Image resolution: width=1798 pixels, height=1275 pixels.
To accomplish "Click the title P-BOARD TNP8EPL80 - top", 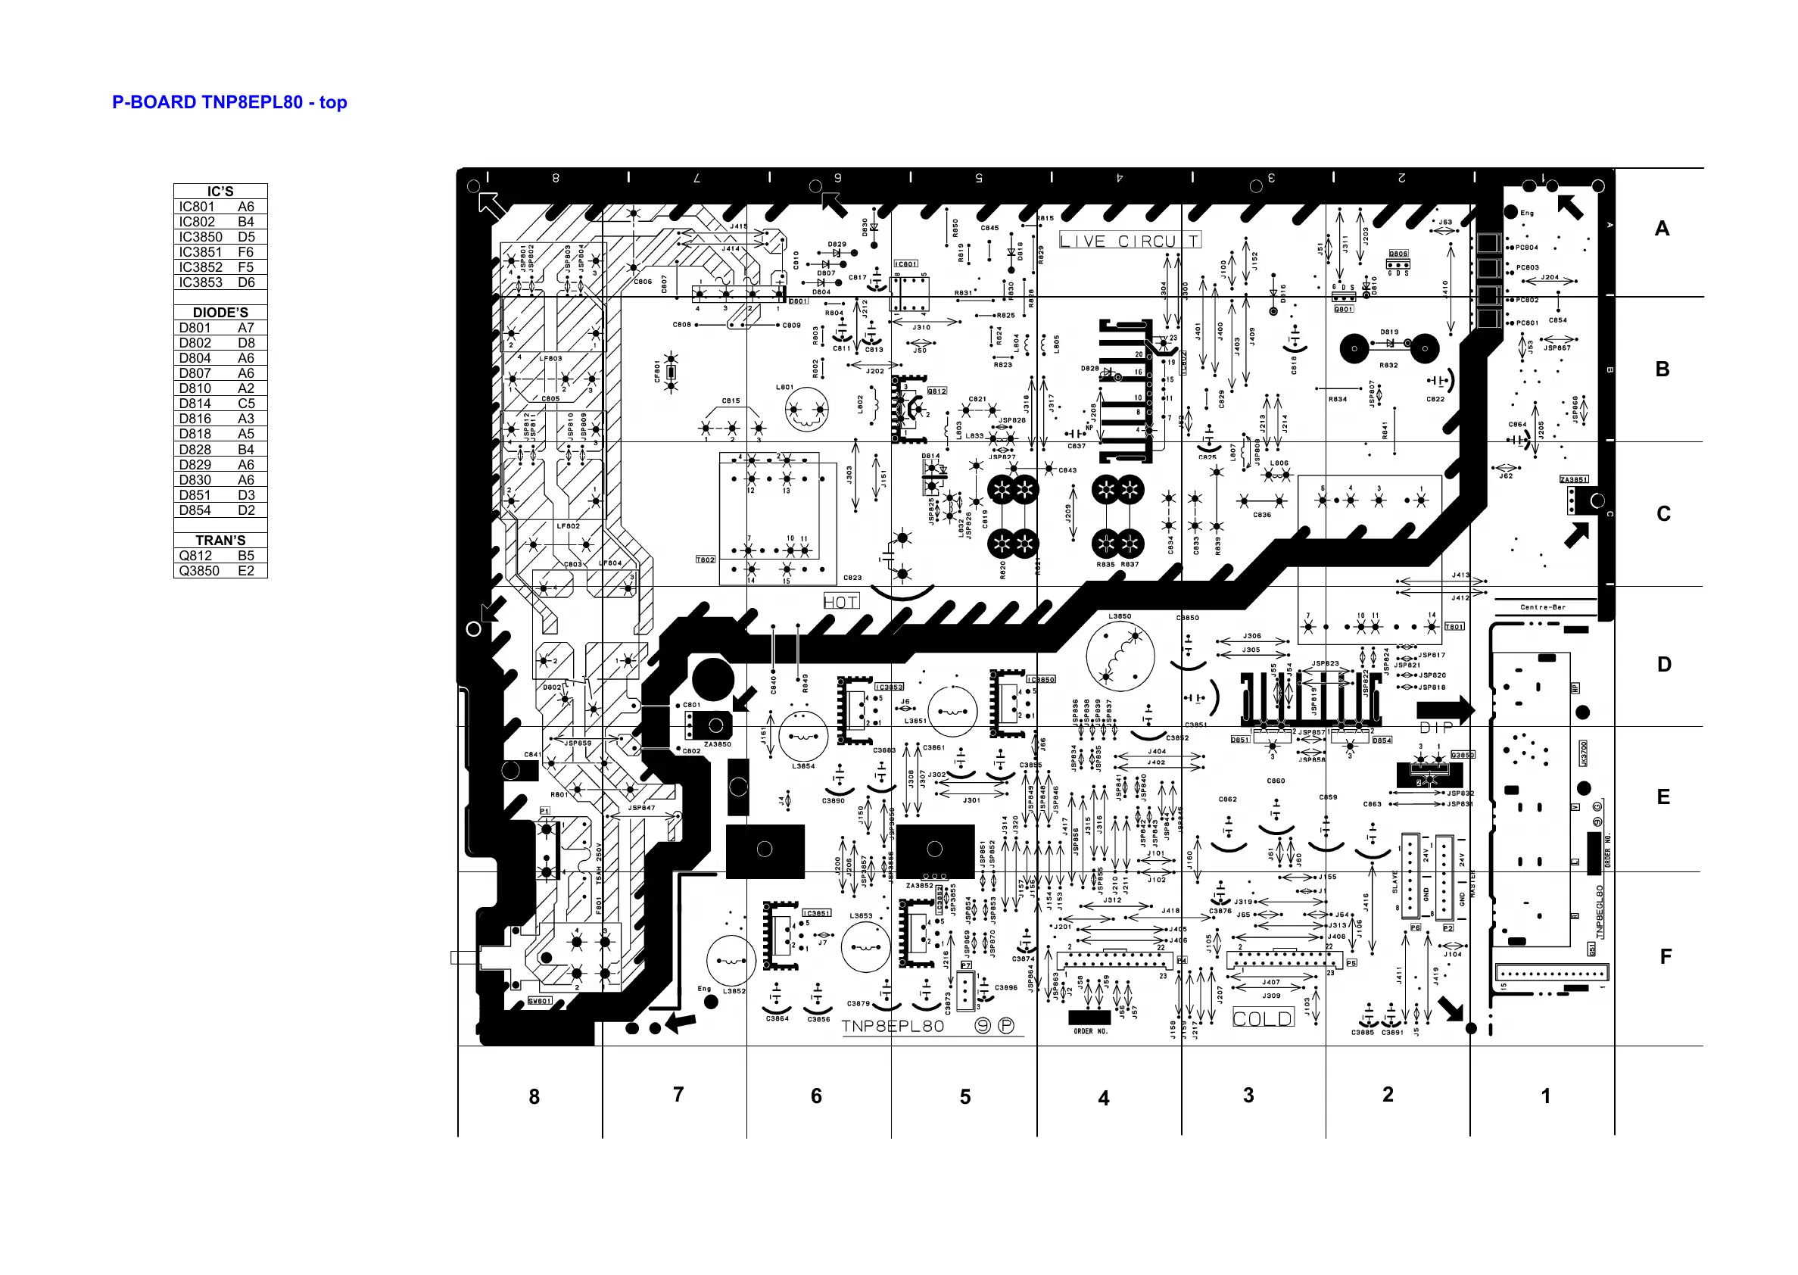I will [229, 102].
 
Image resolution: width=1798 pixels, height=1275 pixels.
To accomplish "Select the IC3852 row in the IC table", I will [220, 267].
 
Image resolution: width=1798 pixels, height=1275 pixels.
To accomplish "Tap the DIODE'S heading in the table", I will [220, 313].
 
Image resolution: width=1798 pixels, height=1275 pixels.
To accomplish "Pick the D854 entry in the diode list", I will [220, 510].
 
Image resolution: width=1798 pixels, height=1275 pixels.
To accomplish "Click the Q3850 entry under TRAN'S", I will [220, 571].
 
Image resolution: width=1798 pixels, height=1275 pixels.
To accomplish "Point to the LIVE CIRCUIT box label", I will [1130, 241].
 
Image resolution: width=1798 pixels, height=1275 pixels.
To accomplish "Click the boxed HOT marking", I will [840, 602].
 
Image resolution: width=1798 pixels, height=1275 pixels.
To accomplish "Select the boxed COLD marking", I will [1262, 1019].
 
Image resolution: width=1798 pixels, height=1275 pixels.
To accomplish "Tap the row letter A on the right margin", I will [1662, 229].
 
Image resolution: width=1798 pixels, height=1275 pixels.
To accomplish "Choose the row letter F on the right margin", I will [1666, 956].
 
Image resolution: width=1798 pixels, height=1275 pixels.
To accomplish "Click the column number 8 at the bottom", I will [534, 1097].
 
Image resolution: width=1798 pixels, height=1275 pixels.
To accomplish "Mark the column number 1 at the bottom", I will [1545, 1096].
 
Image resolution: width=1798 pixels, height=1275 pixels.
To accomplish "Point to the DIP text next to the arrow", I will [1436, 728].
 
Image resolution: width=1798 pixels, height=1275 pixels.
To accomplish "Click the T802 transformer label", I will [706, 560].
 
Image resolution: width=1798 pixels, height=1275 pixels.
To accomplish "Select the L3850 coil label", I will [1119, 616].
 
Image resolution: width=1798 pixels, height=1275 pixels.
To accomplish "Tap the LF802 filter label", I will [569, 526].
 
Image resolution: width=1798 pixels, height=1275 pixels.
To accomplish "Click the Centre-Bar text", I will [1543, 607].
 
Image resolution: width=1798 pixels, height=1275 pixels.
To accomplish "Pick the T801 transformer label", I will [1454, 626].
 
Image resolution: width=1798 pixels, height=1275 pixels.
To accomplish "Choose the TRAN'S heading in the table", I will [220, 540].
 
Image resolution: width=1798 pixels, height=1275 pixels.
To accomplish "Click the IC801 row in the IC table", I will [220, 207].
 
